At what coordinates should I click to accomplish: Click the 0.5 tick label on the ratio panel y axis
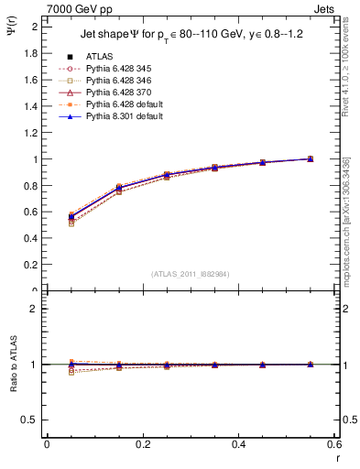pyautogui.click(x=31, y=420)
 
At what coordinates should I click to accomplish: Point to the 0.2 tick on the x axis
pyautogui.click(x=143, y=444)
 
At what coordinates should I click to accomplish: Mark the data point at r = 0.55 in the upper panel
pyautogui.click(x=310, y=158)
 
